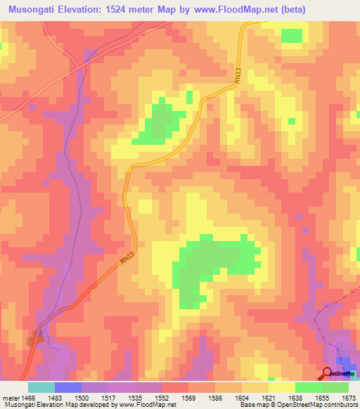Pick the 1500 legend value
tap(82, 397)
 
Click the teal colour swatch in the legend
tap(41, 387)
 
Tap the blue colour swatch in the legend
tap(68, 387)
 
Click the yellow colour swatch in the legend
tap(282, 387)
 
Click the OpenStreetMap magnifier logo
tap(328, 373)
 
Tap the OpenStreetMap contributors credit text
tap(316, 405)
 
